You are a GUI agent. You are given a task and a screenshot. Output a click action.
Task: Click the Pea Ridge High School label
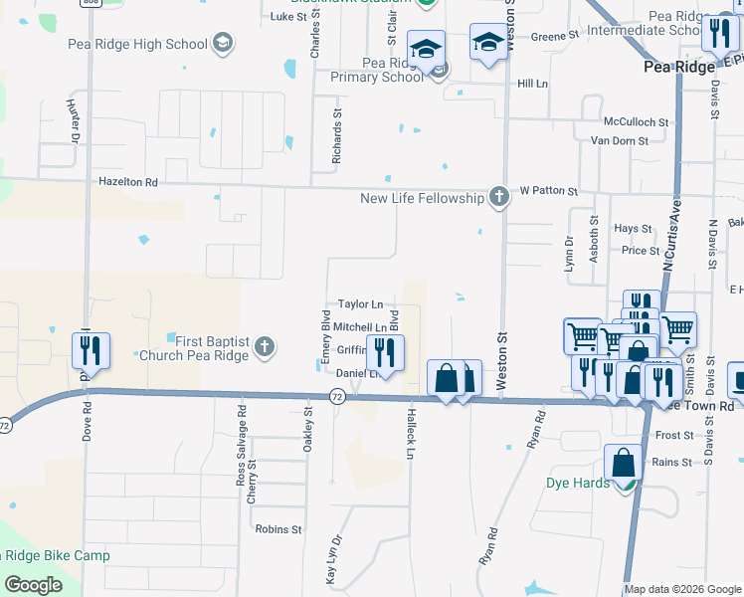tap(137, 44)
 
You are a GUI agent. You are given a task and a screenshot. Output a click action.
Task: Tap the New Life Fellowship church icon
tap(499, 198)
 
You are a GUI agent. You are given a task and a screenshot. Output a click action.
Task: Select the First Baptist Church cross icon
tap(264, 346)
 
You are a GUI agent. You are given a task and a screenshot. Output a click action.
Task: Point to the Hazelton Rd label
tap(128, 183)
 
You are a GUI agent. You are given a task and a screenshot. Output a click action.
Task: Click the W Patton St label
tap(547, 190)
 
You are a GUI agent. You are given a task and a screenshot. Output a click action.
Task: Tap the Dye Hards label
tap(577, 484)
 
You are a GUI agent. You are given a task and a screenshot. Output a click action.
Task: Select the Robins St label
tap(278, 529)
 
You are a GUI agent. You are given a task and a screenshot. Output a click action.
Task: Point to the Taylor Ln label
tap(360, 303)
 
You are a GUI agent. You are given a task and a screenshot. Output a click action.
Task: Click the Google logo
tap(33, 585)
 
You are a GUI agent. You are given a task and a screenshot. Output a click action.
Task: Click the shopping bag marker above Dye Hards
tap(623, 464)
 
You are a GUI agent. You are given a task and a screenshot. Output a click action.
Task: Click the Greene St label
tap(555, 36)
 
